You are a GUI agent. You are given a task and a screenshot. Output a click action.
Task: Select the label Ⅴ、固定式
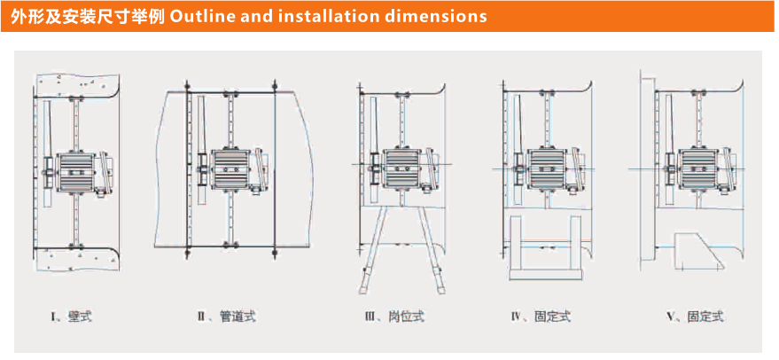coord(694,316)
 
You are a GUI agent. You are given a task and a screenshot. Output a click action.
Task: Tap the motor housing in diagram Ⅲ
coord(403,168)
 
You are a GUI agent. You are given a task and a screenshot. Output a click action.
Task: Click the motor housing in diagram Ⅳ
coord(546,168)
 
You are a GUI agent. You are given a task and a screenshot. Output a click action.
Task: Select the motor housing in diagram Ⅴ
coord(697,168)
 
